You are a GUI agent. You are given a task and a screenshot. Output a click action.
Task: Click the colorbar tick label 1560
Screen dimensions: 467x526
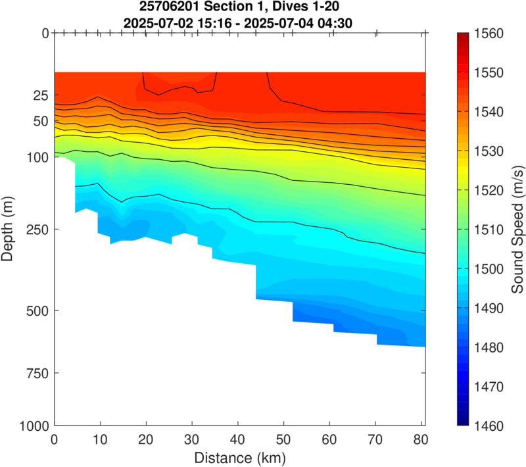483,34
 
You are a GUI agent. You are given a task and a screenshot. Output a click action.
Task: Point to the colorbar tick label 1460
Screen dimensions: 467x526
483,426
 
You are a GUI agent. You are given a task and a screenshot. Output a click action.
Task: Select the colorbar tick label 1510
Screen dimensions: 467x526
483,230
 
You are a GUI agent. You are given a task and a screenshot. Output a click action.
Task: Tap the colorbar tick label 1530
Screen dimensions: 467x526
483,151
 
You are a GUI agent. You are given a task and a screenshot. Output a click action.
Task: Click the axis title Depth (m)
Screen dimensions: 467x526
9,229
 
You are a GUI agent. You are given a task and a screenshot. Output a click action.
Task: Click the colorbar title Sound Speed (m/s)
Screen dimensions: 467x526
518,229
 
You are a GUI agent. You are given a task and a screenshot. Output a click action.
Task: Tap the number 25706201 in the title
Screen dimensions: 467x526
166,8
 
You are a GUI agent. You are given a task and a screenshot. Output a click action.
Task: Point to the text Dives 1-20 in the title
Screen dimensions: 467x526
307,8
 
